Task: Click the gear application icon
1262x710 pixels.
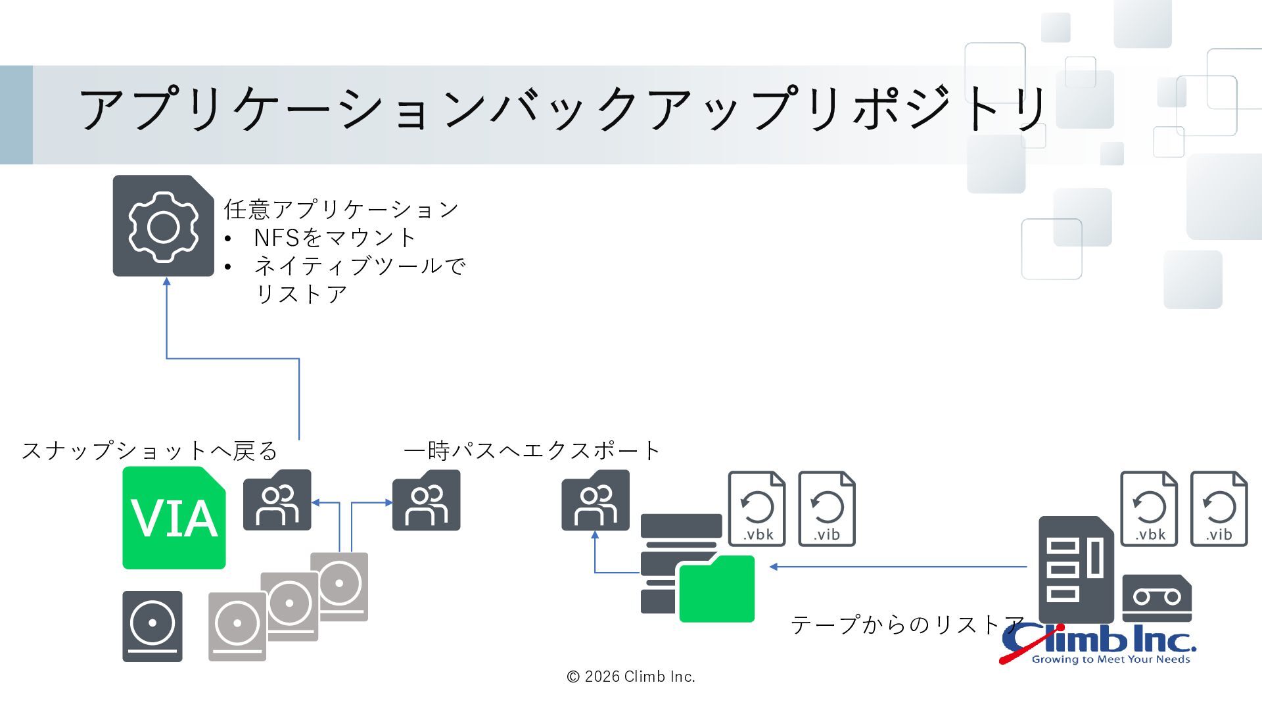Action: coord(163,225)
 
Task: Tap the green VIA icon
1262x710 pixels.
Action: coord(174,518)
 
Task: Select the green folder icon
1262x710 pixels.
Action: coord(716,589)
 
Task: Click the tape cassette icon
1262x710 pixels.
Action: coord(1157,598)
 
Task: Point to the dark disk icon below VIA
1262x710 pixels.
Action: coord(152,626)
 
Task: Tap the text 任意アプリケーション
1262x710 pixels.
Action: coord(341,210)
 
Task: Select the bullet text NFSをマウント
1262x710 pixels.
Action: coord(335,237)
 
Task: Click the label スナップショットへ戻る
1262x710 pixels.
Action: coord(150,451)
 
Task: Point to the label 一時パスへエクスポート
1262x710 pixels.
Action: coord(532,451)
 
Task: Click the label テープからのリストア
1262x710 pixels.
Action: coord(908,625)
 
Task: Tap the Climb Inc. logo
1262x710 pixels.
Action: coord(1097,644)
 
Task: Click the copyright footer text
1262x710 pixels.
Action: coord(631,676)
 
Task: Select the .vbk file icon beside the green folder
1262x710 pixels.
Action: coord(757,508)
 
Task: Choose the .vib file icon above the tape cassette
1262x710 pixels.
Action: coord(1219,508)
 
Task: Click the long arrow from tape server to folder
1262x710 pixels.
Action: coord(898,567)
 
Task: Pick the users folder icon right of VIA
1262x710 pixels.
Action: coord(277,500)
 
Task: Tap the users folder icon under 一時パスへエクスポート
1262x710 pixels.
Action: coord(427,500)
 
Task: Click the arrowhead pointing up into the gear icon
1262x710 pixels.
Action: coord(167,281)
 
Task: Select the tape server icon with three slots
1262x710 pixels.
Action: coord(1076,569)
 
